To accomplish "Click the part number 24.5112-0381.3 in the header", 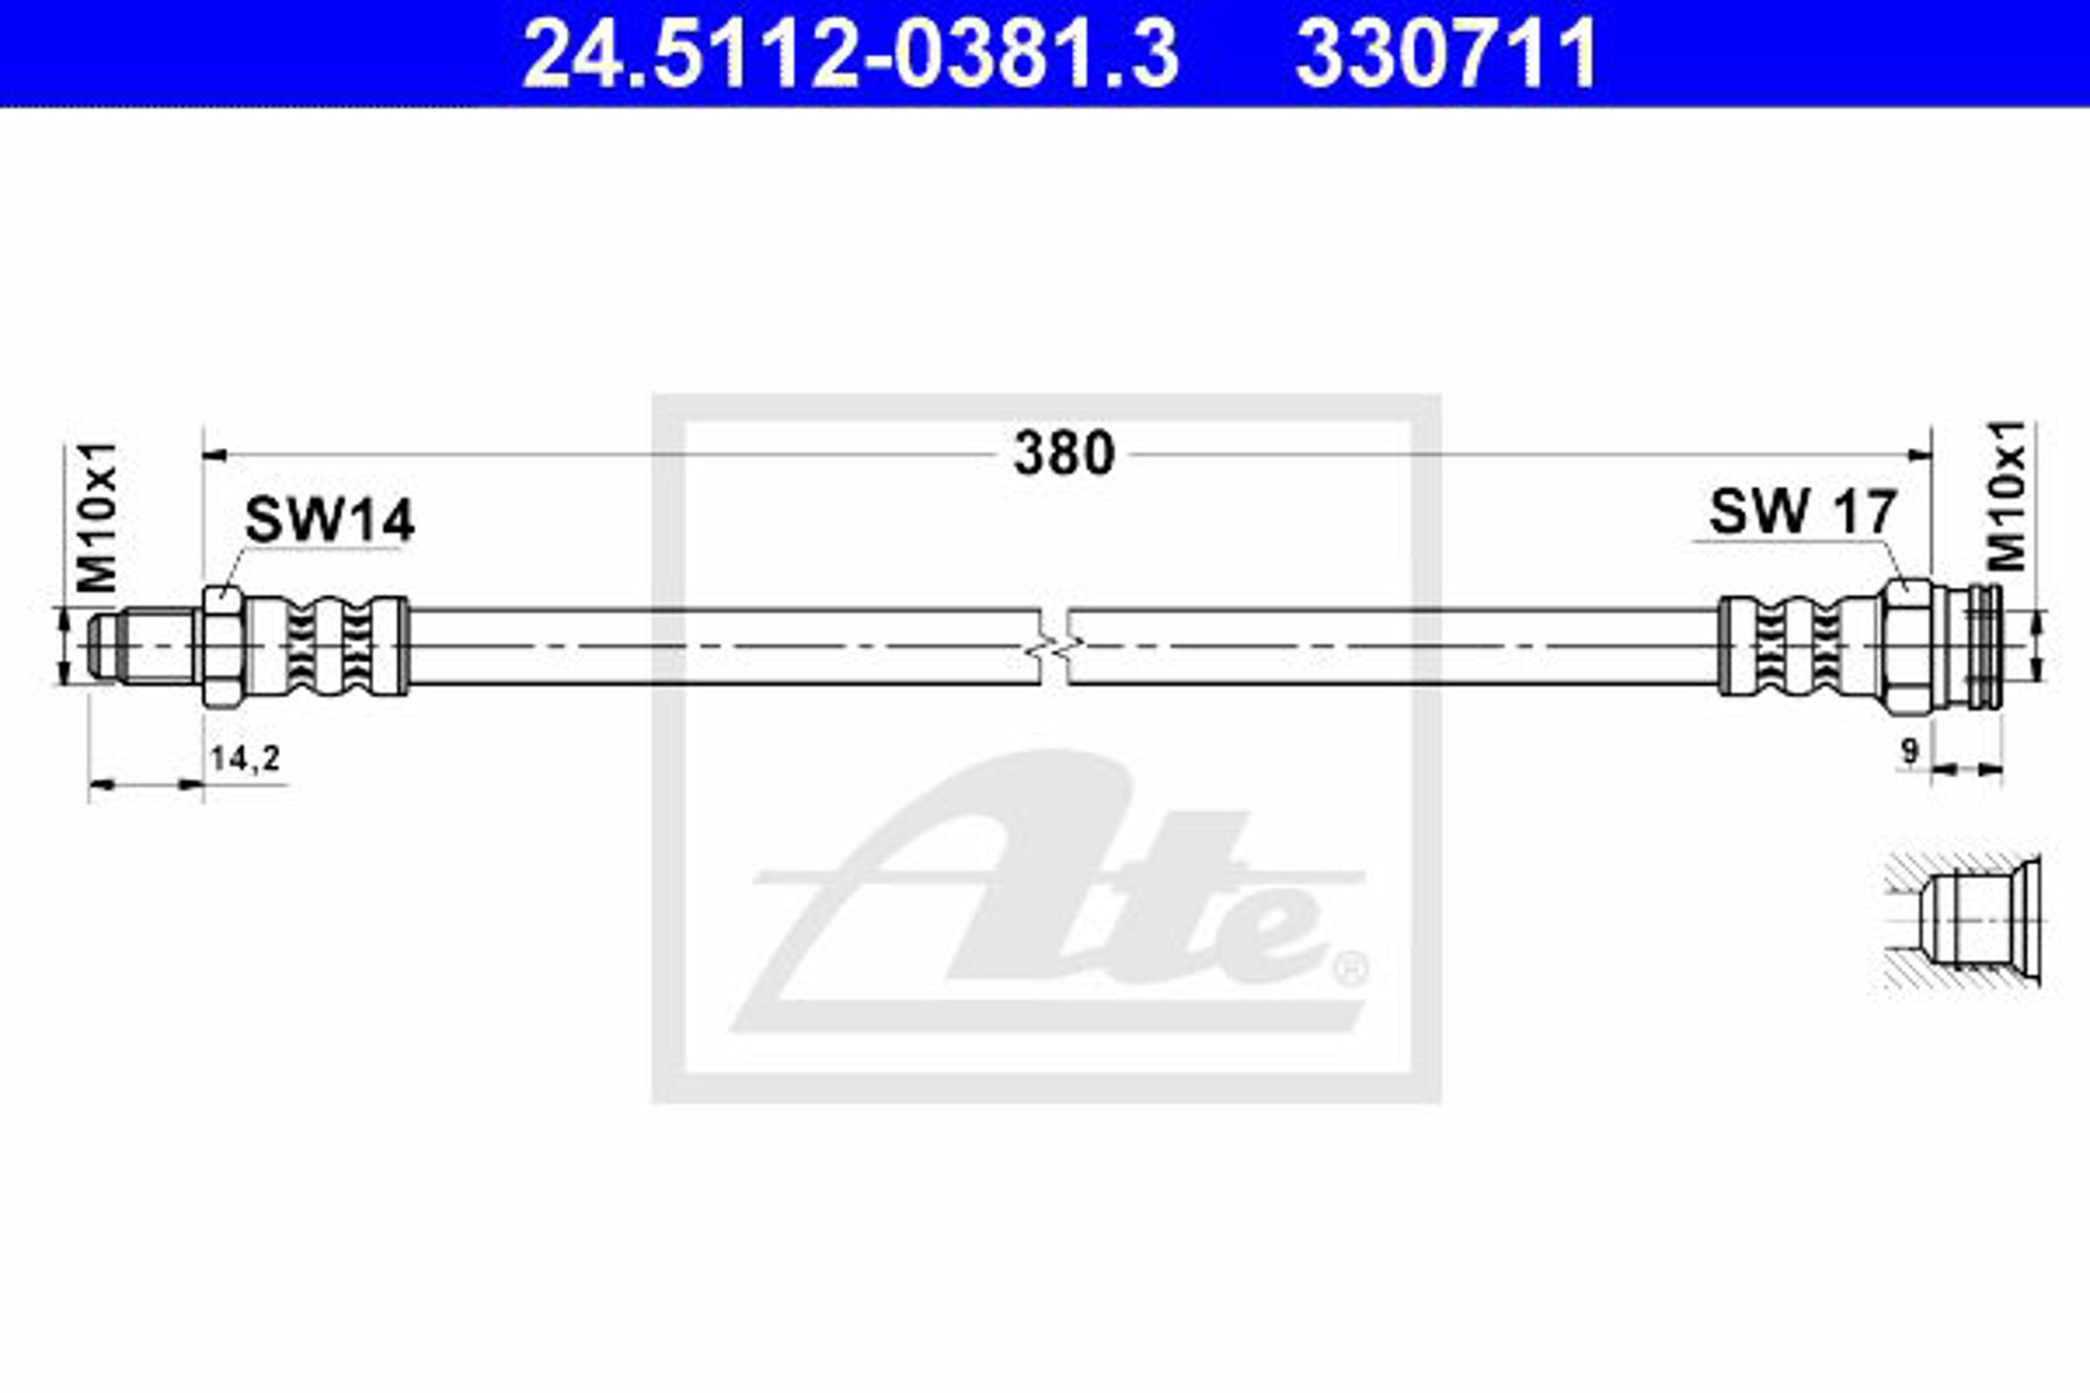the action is [x=851, y=55].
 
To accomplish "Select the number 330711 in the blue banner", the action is [x=1446, y=55].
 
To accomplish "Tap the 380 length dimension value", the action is [x=1063, y=453].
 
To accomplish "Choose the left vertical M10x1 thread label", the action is [x=97, y=517].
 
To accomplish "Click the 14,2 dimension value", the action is [x=246, y=758].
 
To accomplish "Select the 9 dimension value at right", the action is [x=1909, y=752].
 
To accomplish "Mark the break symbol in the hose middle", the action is [x=1054, y=647].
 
